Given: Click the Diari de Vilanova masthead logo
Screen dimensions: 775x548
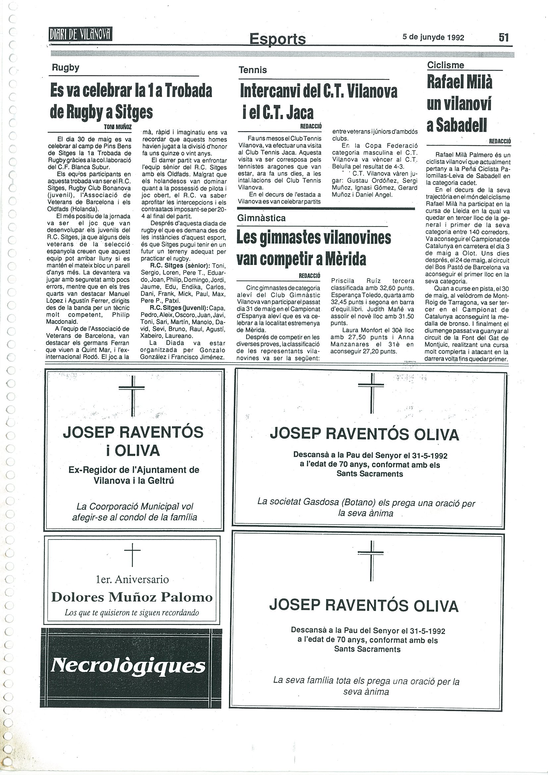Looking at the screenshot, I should (x=81, y=34).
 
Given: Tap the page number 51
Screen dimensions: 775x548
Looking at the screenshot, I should (x=503, y=37).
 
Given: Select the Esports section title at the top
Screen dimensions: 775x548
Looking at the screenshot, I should (x=277, y=39).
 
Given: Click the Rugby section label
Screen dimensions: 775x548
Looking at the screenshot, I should (x=66, y=68).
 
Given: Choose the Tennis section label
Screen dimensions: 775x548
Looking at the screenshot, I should (x=252, y=70).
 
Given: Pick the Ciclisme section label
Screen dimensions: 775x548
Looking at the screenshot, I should (x=445, y=65).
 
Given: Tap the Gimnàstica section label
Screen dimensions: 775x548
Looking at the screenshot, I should (x=261, y=218).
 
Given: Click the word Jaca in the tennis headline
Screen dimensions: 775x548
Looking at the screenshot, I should (x=299, y=113).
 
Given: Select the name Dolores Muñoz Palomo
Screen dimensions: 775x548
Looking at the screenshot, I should (x=132, y=597).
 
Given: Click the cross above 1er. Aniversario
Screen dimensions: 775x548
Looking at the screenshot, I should (x=132, y=555).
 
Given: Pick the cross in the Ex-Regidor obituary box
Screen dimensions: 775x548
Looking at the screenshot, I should (x=132, y=395).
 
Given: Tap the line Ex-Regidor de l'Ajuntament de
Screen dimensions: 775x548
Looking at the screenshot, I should (x=134, y=470).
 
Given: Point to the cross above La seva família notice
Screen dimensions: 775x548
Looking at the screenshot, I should (x=371, y=561).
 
